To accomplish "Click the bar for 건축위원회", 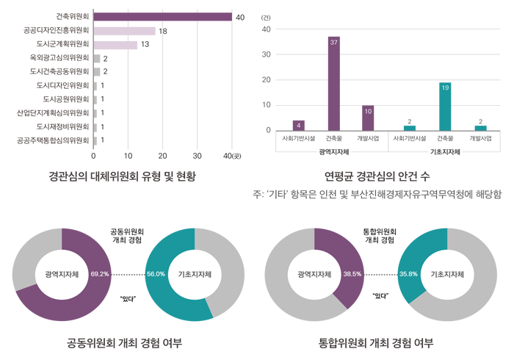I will pyautogui.click(x=162, y=18).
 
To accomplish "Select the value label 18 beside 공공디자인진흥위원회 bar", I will pyautogui.click(x=163, y=31).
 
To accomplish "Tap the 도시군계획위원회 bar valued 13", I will pyautogui.click(x=115, y=45).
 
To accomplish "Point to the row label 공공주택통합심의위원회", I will pyautogui.click(x=52, y=140).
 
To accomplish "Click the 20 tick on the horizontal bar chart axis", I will pyautogui.click(x=163, y=156).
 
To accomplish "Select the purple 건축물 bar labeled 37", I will pyautogui.click(x=333, y=84).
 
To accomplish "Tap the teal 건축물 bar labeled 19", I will pyautogui.click(x=445, y=107).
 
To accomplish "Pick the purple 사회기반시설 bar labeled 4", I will pyautogui.click(x=299, y=126).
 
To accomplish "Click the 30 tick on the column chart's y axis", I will pyautogui.click(x=267, y=54).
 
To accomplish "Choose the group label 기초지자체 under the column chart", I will pyautogui.click(x=445, y=152).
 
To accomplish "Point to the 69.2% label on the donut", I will pyautogui.click(x=100, y=274).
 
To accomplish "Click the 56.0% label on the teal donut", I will pyautogui.click(x=156, y=274).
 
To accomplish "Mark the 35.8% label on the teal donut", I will pyautogui.click(x=408, y=274).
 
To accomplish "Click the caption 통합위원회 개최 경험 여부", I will pyautogui.click(x=376, y=343).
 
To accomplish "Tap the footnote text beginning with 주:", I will pyautogui.click(x=377, y=195).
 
